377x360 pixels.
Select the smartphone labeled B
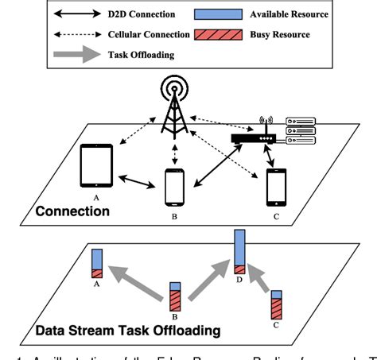(x=173, y=188)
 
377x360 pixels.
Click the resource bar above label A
(x=97, y=263)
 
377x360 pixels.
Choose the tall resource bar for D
(x=239, y=252)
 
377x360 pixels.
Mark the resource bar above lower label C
(x=277, y=304)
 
